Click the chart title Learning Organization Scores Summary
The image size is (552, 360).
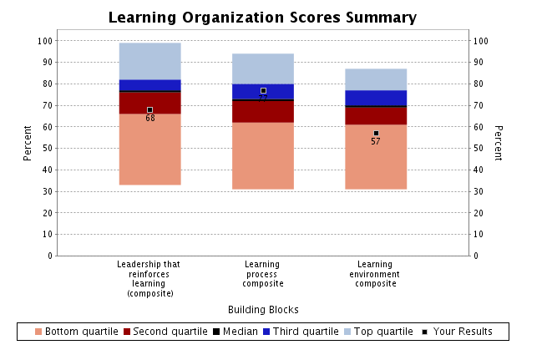(x=263, y=18)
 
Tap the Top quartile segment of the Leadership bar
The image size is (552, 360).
(x=150, y=61)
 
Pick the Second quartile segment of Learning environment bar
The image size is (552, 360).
(x=376, y=116)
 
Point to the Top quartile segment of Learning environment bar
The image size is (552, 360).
(x=376, y=79)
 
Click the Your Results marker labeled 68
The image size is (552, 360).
(x=150, y=109)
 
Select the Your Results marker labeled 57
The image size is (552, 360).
(x=376, y=133)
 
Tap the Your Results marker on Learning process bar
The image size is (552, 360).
(x=263, y=90)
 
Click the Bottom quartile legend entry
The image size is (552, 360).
(x=76, y=332)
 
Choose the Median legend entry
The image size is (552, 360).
(x=235, y=332)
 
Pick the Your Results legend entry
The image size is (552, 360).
(x=457, y=332)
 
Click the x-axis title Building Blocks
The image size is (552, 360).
(x=263, y=309)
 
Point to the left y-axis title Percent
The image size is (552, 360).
(x=28, y=143)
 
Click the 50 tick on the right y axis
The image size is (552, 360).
(x=479, y=148)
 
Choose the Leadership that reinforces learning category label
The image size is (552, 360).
(x=150, y=279)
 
